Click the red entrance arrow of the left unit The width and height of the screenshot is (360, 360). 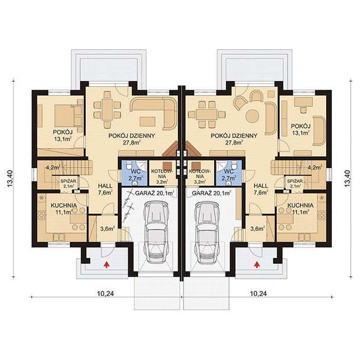(x=107, y=265)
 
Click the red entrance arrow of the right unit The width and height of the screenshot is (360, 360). (x=256, y=265)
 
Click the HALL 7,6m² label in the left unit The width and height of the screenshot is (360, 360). (x=105, y=190)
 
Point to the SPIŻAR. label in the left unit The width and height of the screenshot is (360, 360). (x=68, y=184)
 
